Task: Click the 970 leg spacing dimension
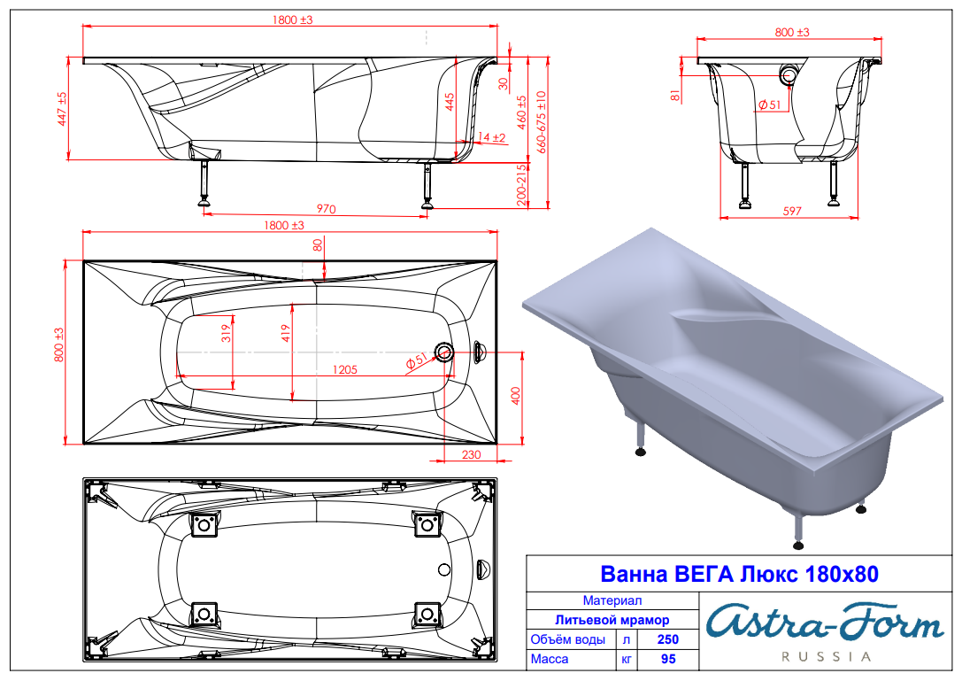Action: point(326,209)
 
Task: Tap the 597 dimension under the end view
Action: point(792,212)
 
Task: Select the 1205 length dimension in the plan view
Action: point(345,369)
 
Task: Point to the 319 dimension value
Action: point(227,334)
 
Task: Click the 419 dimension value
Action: point(286,334)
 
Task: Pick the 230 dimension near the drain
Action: point(471,454)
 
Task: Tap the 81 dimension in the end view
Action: point(675,95)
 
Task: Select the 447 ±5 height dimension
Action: point(61,109)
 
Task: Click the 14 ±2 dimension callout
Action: point(491,137)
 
